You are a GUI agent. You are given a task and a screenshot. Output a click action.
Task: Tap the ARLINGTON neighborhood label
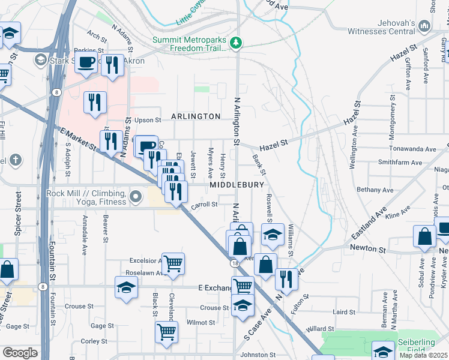click(x=195, y=116)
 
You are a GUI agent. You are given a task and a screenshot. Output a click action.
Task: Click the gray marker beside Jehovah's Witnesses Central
click(x=426, y=26)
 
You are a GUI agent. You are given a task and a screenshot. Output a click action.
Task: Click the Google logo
click(x=20, y=353)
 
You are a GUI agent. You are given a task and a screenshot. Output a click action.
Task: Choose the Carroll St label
click(x=204, y=205)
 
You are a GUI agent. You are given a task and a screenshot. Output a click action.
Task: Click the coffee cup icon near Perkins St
click(x=86, y=62)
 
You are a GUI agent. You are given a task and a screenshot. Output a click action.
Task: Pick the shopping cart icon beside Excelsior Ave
click(x=173, y=263)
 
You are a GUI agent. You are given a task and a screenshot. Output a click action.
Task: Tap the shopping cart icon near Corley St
click(x=166, y=332)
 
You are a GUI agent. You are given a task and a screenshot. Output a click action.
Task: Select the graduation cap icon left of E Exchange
click(x=127, y=287)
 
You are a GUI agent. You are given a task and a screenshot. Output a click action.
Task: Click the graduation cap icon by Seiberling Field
click(x=383, y=351)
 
